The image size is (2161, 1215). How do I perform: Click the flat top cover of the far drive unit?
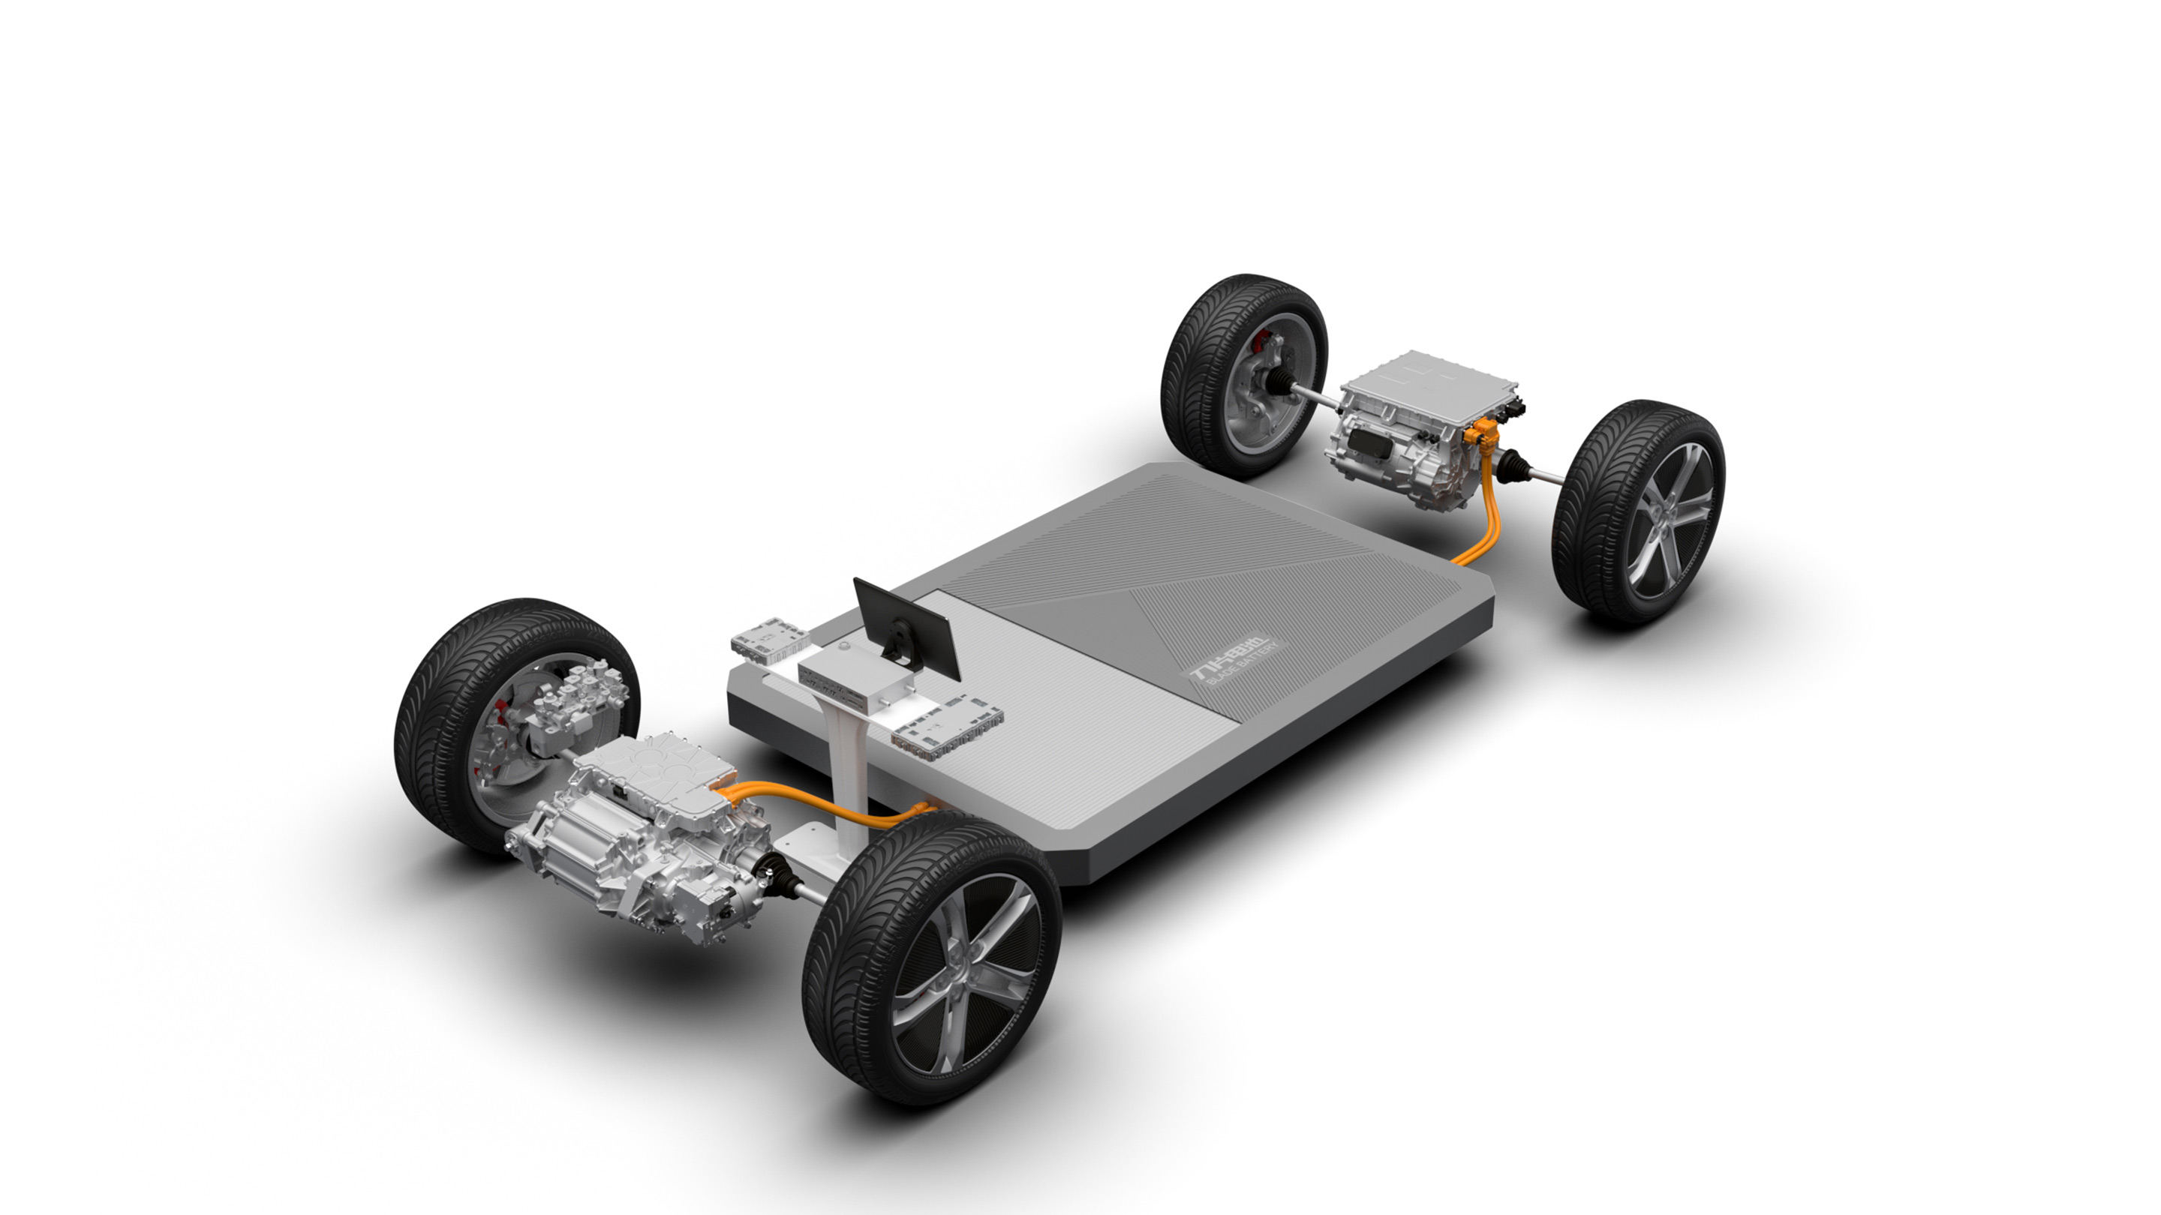click(x=1426, y=385)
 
